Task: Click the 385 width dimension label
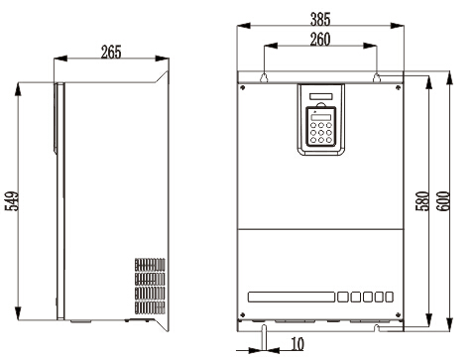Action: pyautogui.click(x=320, y=19)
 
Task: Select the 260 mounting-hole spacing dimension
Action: pyautogui.click(x=320, y=39)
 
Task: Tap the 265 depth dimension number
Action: pyautogui.click(x=111, y=52)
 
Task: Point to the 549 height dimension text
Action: pyautogui.click(x=12, y=200)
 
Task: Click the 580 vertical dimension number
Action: pyautogui.click(x=422, y=200)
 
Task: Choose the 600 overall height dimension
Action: pyautogui.click(x=443, y=200)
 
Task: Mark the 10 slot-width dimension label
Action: pyautogui.click(x=297, y=344)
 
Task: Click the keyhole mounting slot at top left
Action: pyautogui.click(x=264, y=77)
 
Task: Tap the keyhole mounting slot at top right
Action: pyautogui.click(x=377, y=77)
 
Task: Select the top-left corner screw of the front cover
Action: pyautogui.click(x=243, y=87)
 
